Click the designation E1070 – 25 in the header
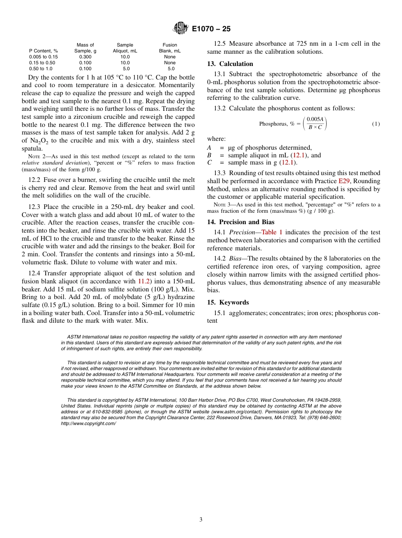211,29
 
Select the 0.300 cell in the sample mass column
85,57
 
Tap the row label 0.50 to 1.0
41,69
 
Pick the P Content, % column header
43,51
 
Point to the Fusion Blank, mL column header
170,48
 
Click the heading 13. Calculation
230,64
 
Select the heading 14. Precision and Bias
240,222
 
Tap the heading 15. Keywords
228,302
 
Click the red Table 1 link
272,232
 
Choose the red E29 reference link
344,181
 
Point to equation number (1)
376,124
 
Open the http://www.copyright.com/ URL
88,423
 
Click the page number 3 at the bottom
201,520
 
